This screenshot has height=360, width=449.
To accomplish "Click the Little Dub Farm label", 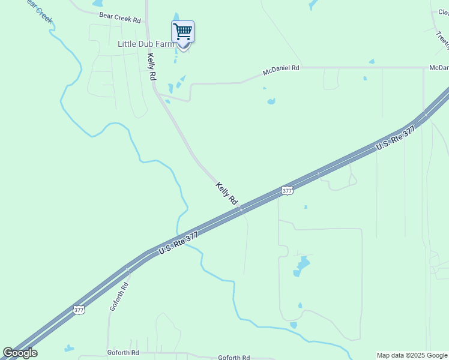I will (146, 44).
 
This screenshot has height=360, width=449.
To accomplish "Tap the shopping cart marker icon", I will (182, 31).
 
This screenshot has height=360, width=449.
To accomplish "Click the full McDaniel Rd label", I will (281, 71).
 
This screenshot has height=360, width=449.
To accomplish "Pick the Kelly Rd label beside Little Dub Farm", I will (152, 67).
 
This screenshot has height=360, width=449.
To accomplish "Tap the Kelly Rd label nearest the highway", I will (227, 194).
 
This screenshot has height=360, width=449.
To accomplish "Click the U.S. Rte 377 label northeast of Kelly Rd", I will (396, 139).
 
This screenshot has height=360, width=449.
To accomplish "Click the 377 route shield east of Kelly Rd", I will (287, 190).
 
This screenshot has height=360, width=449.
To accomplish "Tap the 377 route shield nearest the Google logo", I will (79, 310).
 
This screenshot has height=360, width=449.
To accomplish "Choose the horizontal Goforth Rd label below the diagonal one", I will (123, 353).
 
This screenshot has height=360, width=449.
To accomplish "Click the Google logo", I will (20, 353).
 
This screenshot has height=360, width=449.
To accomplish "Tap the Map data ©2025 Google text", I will (412, 355).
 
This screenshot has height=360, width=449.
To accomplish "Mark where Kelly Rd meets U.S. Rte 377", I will (241, 209).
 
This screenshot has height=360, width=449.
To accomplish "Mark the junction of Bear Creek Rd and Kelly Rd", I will (146, 22).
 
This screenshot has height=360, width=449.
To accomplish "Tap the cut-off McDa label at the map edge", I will (439, 68).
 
